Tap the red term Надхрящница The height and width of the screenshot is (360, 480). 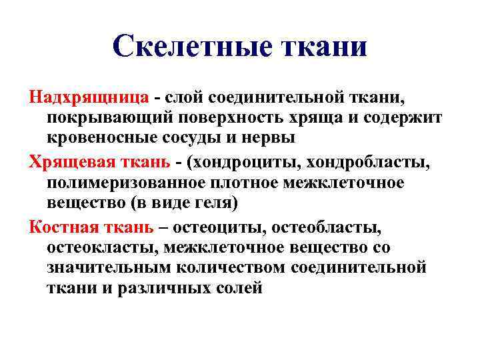point(89,97)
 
